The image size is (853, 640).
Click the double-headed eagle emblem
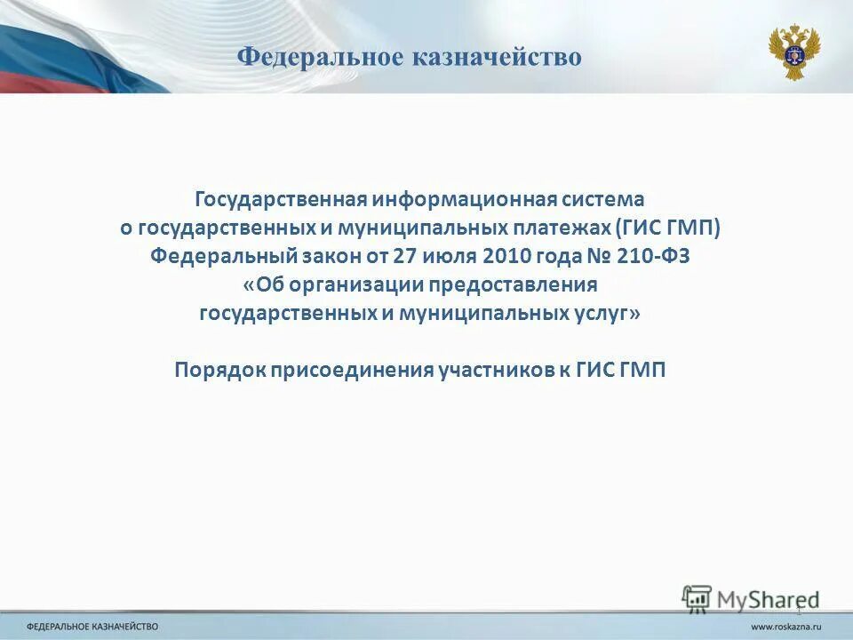point(793,52)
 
